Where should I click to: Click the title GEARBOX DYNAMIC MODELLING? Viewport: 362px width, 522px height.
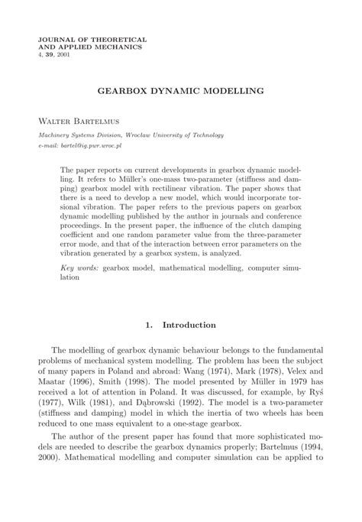tap(180, 90)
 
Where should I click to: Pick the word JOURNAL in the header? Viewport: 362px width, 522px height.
tap(55, 38)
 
